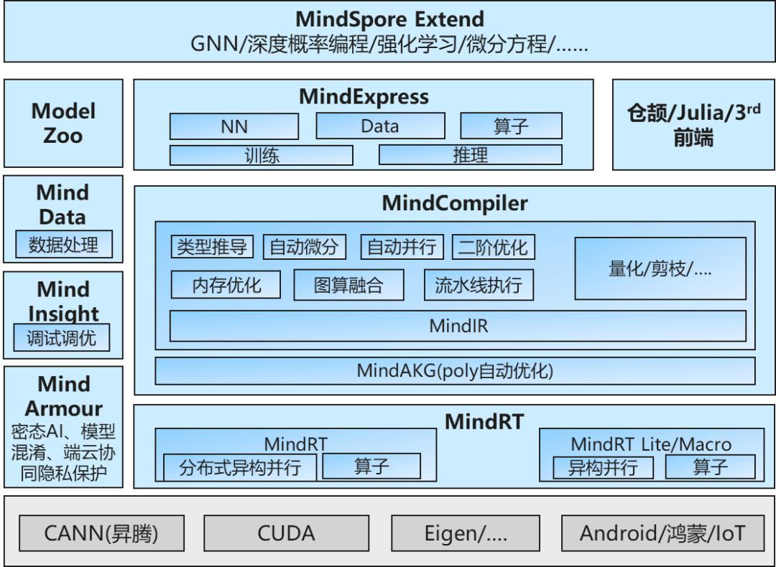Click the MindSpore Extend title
tap(389, 19)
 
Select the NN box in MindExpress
tap(234, 126)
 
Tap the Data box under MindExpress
tap(380, 126)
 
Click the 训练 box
tap(262, 155)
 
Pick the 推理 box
tap(470, 155)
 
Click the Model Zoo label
tap(63, 123)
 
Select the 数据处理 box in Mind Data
tap(64, 244)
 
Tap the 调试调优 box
tap(61, 337)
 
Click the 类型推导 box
tap(212, 247)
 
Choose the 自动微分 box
tap(305, 247)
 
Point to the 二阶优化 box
tap(494, 247)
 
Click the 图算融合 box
tap(348, 285)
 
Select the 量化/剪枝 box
tap(660, 268)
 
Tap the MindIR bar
tap(458, 326)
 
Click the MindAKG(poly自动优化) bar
tap(455, 371)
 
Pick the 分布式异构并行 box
tap(240, 467)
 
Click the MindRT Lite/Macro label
tap(651, 444)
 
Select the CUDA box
tap(286, 533)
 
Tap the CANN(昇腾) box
tap(101, 533)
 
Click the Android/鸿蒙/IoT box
tap(662, 533)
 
